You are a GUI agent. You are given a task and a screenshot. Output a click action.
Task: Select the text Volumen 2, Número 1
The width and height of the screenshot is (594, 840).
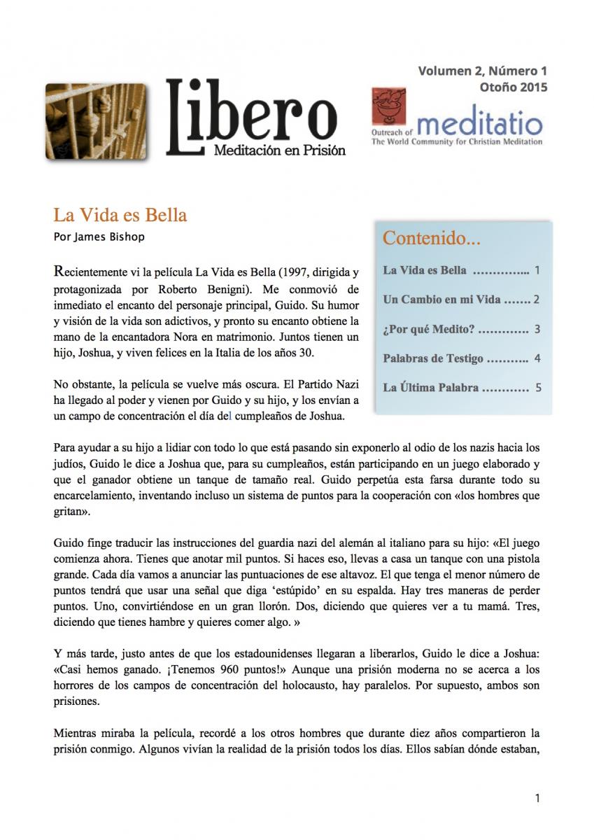click(x=482, y=71)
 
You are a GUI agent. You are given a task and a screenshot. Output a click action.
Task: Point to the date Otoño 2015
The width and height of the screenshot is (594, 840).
click(x=514, y=87)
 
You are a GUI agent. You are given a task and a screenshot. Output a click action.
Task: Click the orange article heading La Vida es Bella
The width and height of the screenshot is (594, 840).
click(x=120, y=215)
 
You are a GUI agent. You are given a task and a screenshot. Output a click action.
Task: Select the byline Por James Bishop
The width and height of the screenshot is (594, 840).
click(x=99, y=237)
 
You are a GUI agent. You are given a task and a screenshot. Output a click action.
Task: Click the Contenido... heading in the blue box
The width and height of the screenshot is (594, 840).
click(x=432, y=239)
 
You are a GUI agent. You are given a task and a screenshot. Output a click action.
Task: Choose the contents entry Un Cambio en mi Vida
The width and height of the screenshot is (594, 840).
click(x=441, y=300)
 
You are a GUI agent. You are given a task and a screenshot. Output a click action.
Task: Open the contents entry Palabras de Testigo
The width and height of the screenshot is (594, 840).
click(x=433, y=358)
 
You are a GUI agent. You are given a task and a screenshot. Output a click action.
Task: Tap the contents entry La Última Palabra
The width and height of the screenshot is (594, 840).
click(x=430, y=387)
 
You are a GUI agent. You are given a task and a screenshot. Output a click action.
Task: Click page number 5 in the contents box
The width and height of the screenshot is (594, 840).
click(x=537, y=387)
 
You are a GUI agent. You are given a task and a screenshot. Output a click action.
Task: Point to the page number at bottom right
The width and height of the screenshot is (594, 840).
click(x=537, y=797)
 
